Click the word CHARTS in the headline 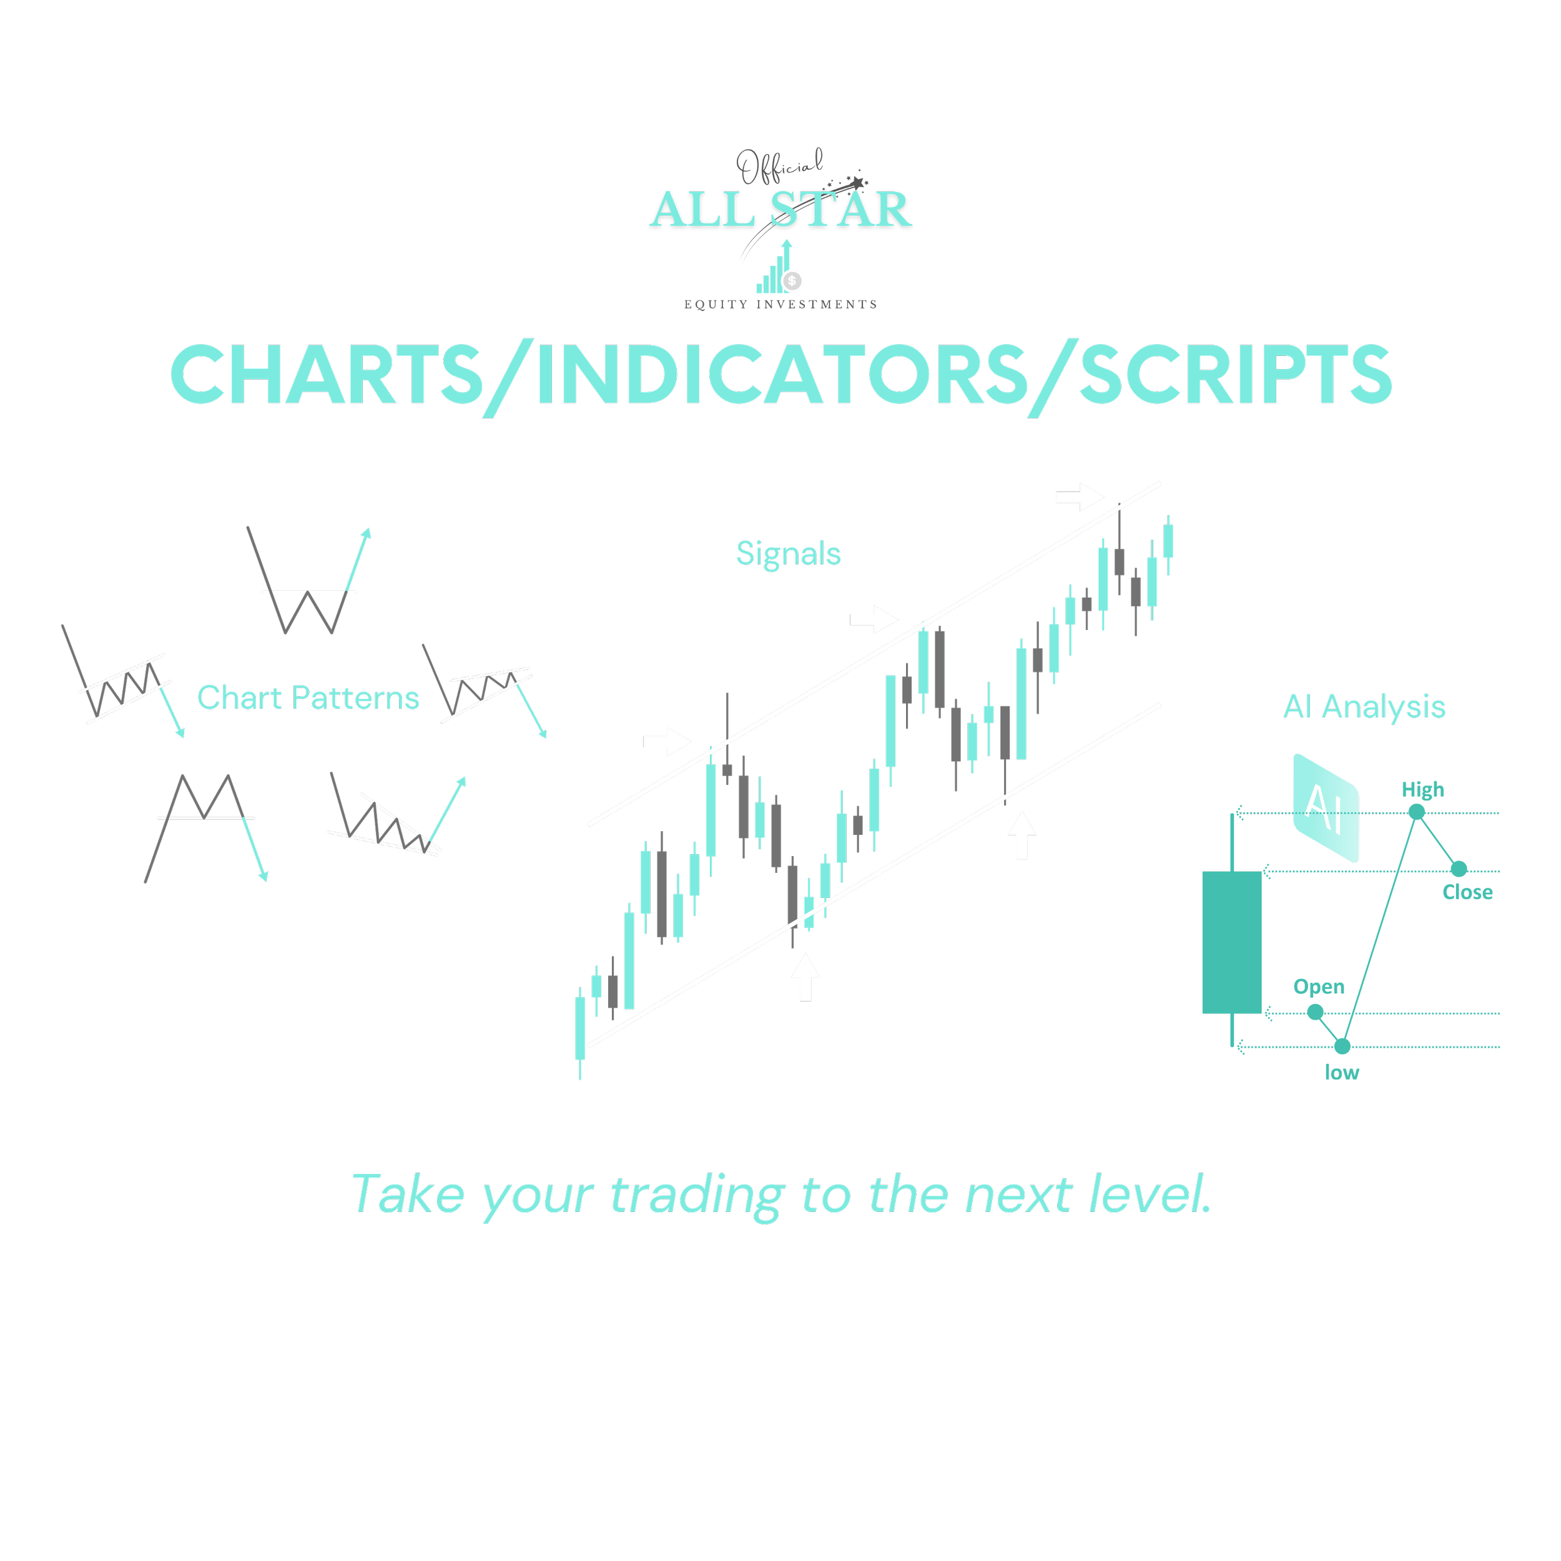coord(325,374)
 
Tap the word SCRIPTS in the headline coord(1236,374)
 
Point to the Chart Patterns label coord(308,698)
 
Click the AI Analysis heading coord(1364,707)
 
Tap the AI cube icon coord(1325,807)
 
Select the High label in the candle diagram coord(1422,789)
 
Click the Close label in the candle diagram coord(1467,892)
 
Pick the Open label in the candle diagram coord(1319,987)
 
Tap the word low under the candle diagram coord(1341,1072)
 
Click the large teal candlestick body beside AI coord(1231,942)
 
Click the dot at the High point coord(1416,812)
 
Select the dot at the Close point coord(1459,869)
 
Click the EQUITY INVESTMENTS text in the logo coord(780,305)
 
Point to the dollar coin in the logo coord(792,280)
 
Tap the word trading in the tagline coord(696,1195)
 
